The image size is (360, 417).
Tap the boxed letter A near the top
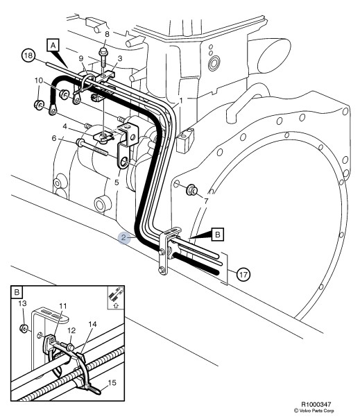coord(51,44)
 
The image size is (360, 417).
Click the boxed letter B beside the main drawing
coord(216,235)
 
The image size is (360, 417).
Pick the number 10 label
coord(38,81)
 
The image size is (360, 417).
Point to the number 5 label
coord(116,182)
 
